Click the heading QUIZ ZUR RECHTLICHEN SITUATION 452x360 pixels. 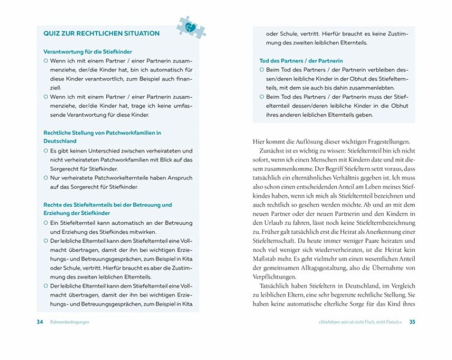(101, 34)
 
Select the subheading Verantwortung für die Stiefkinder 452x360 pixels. (88, 52)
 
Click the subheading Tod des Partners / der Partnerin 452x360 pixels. (301, 61)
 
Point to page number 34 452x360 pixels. (40, 322)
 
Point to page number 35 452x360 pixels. (412, 322)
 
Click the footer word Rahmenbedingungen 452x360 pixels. (70, 322)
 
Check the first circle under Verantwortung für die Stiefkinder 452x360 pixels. (46, 61)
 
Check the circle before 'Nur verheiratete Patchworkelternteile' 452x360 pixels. (46, 178)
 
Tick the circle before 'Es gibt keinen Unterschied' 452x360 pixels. (46, 151)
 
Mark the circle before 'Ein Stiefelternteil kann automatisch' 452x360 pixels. (46, 223)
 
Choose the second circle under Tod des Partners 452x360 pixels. (262, 97)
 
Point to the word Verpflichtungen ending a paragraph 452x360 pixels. (274, 277)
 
